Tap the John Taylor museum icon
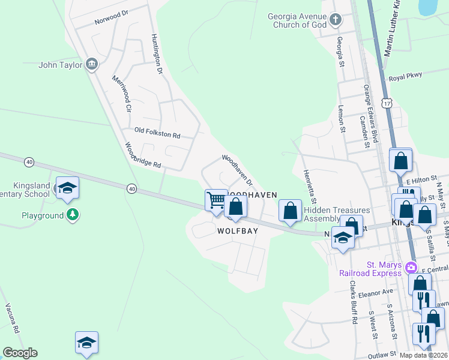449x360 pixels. pyautogui.click(x=92, y=64)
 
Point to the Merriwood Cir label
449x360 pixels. pyautogui.click(x=121, y=94)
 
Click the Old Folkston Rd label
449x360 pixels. pyautogui.click(x=157, y=133)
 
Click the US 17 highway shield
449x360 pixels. pyautogui.click(x=390, y=103)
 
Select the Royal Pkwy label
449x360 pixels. pyautogui.click(x=405, y=77)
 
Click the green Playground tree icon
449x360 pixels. pyautogui.click(x=73, y=215)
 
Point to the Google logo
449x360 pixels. pyautogui.click(x=20, y=353)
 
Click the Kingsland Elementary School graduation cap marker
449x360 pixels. pyautogui.click(x=67, y=188)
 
